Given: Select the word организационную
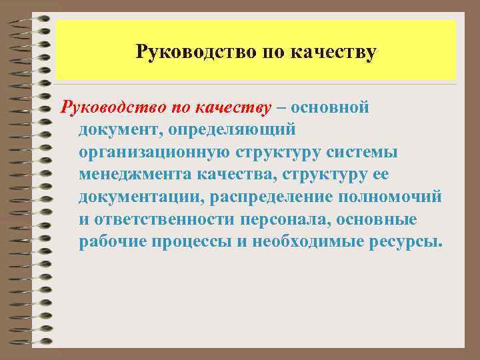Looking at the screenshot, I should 155,152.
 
